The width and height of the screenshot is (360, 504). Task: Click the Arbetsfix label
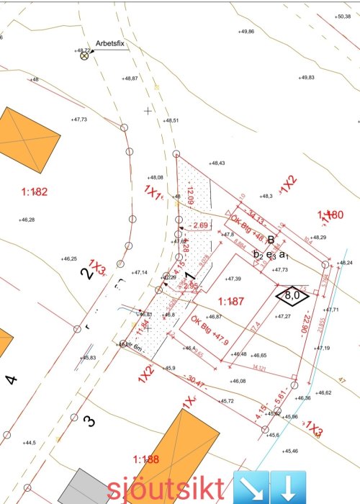coord(111,43)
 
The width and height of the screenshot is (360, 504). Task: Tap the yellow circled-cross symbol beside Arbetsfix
coord(84,55)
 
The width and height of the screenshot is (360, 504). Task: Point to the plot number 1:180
coord(330,215)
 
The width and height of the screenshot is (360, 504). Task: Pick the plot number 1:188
coord(146,459)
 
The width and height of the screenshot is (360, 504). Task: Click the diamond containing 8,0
coord(292,294)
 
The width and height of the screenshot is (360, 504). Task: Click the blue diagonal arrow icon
coord(251,487)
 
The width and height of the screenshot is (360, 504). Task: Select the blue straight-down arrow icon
coord(289,487)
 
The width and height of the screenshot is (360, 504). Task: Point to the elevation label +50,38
coord(343,15)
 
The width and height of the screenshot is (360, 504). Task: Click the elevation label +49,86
coord(246,32)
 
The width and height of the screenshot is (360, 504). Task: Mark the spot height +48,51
coord(171,120)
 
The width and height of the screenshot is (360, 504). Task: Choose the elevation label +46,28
coord(27,220)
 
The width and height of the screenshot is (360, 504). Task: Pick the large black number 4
coord(10,379)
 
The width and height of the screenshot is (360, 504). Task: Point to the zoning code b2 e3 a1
coord(271,254)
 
